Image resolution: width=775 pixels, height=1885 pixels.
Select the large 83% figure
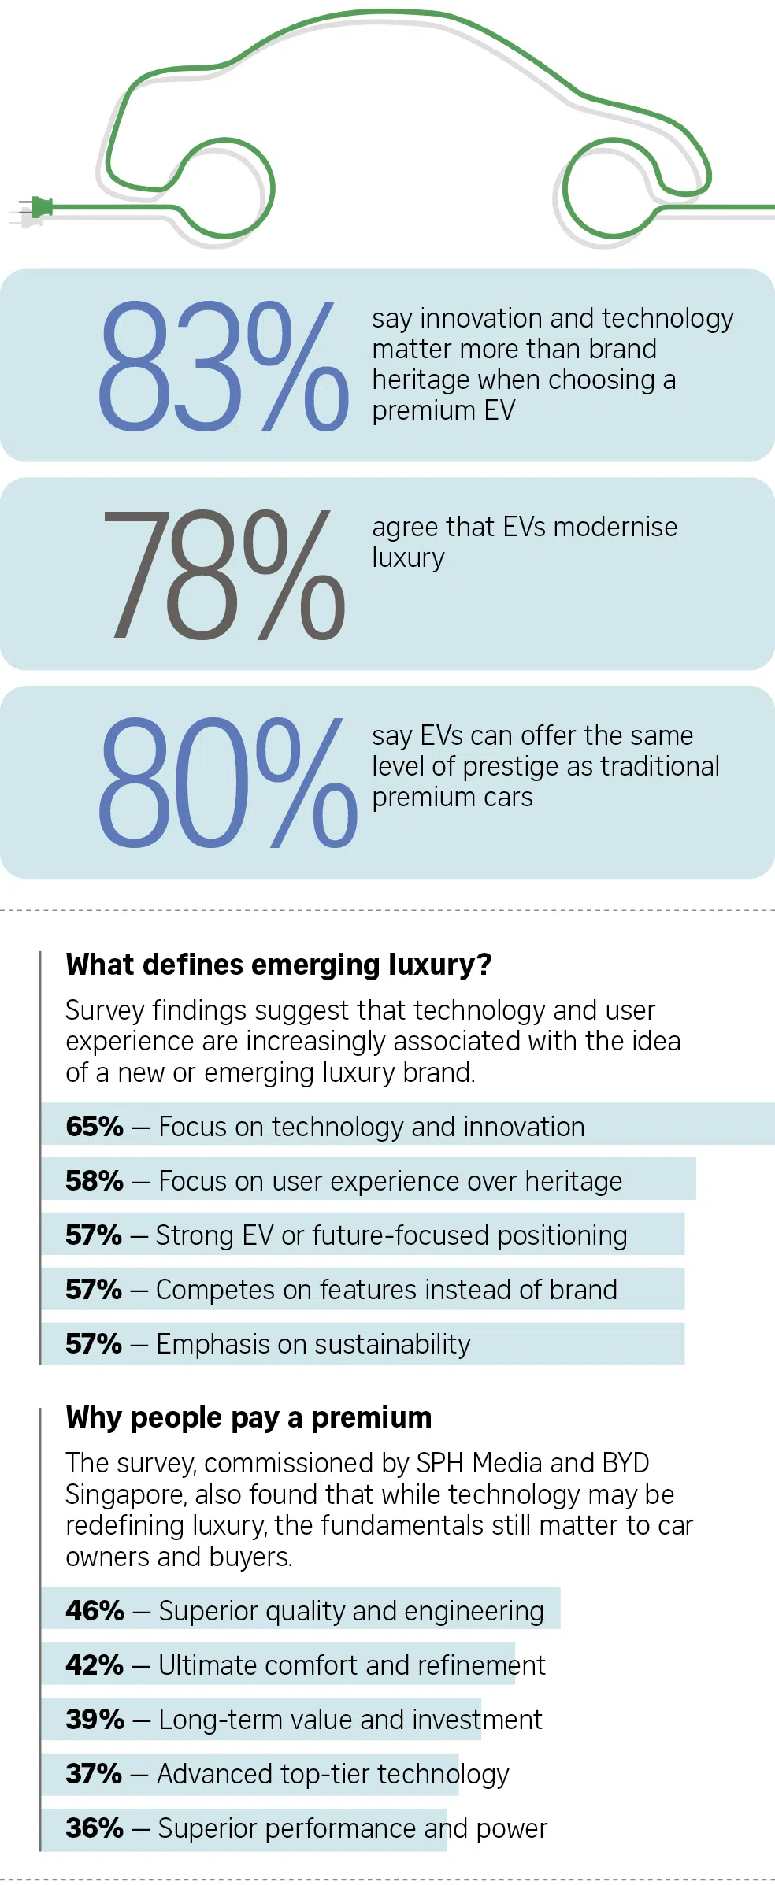224,366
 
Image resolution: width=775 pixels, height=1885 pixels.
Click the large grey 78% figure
224,574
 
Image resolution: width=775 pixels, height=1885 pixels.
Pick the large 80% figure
228,783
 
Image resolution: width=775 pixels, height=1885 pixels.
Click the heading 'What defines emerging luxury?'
279,965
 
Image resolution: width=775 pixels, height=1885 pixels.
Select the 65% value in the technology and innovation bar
95,1127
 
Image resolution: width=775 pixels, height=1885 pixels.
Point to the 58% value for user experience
95,1181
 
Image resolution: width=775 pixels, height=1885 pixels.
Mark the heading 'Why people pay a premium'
249,1417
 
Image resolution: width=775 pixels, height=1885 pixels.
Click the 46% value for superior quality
95,1611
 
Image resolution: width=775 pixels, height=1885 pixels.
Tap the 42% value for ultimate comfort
95,1665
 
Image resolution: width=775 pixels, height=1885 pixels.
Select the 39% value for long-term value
95,1720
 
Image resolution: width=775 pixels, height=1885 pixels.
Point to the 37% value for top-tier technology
94,1774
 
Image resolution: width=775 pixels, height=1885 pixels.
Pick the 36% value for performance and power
95,1828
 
